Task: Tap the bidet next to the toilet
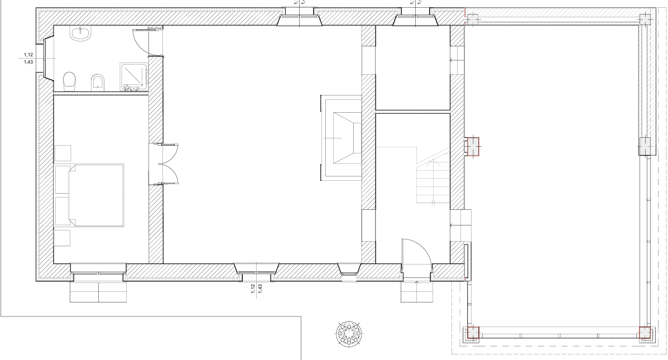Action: [98, 81]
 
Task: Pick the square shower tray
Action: [134, 76]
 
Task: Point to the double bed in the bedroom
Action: [89, 195]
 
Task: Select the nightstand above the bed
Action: [63, 152]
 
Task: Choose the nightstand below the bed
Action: [63, 238]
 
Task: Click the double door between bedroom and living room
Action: [167, 164]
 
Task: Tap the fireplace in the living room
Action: [342, 137]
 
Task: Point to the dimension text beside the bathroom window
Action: [27, 58]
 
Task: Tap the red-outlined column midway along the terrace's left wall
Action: [473, 147]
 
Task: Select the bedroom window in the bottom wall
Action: [98, 275]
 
